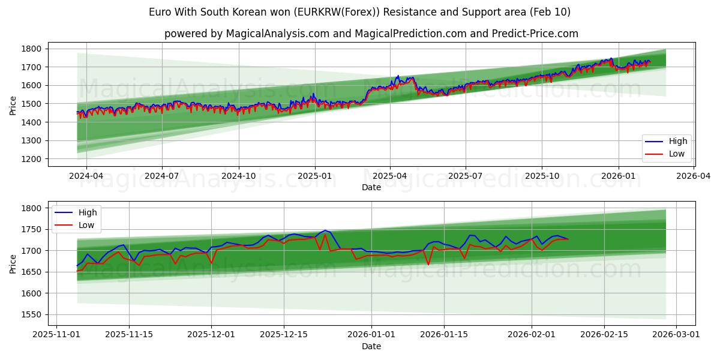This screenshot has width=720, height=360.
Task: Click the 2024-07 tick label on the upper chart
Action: pos(162,176)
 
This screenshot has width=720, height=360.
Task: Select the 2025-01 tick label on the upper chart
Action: pos(314,176)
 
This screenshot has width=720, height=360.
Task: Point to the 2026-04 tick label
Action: pos(694,176)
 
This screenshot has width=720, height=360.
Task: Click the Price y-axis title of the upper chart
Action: pos(13,106)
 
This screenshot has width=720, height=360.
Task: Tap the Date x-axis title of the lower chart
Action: pos(371,346)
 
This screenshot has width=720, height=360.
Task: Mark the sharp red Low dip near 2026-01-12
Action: pos(428,265)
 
